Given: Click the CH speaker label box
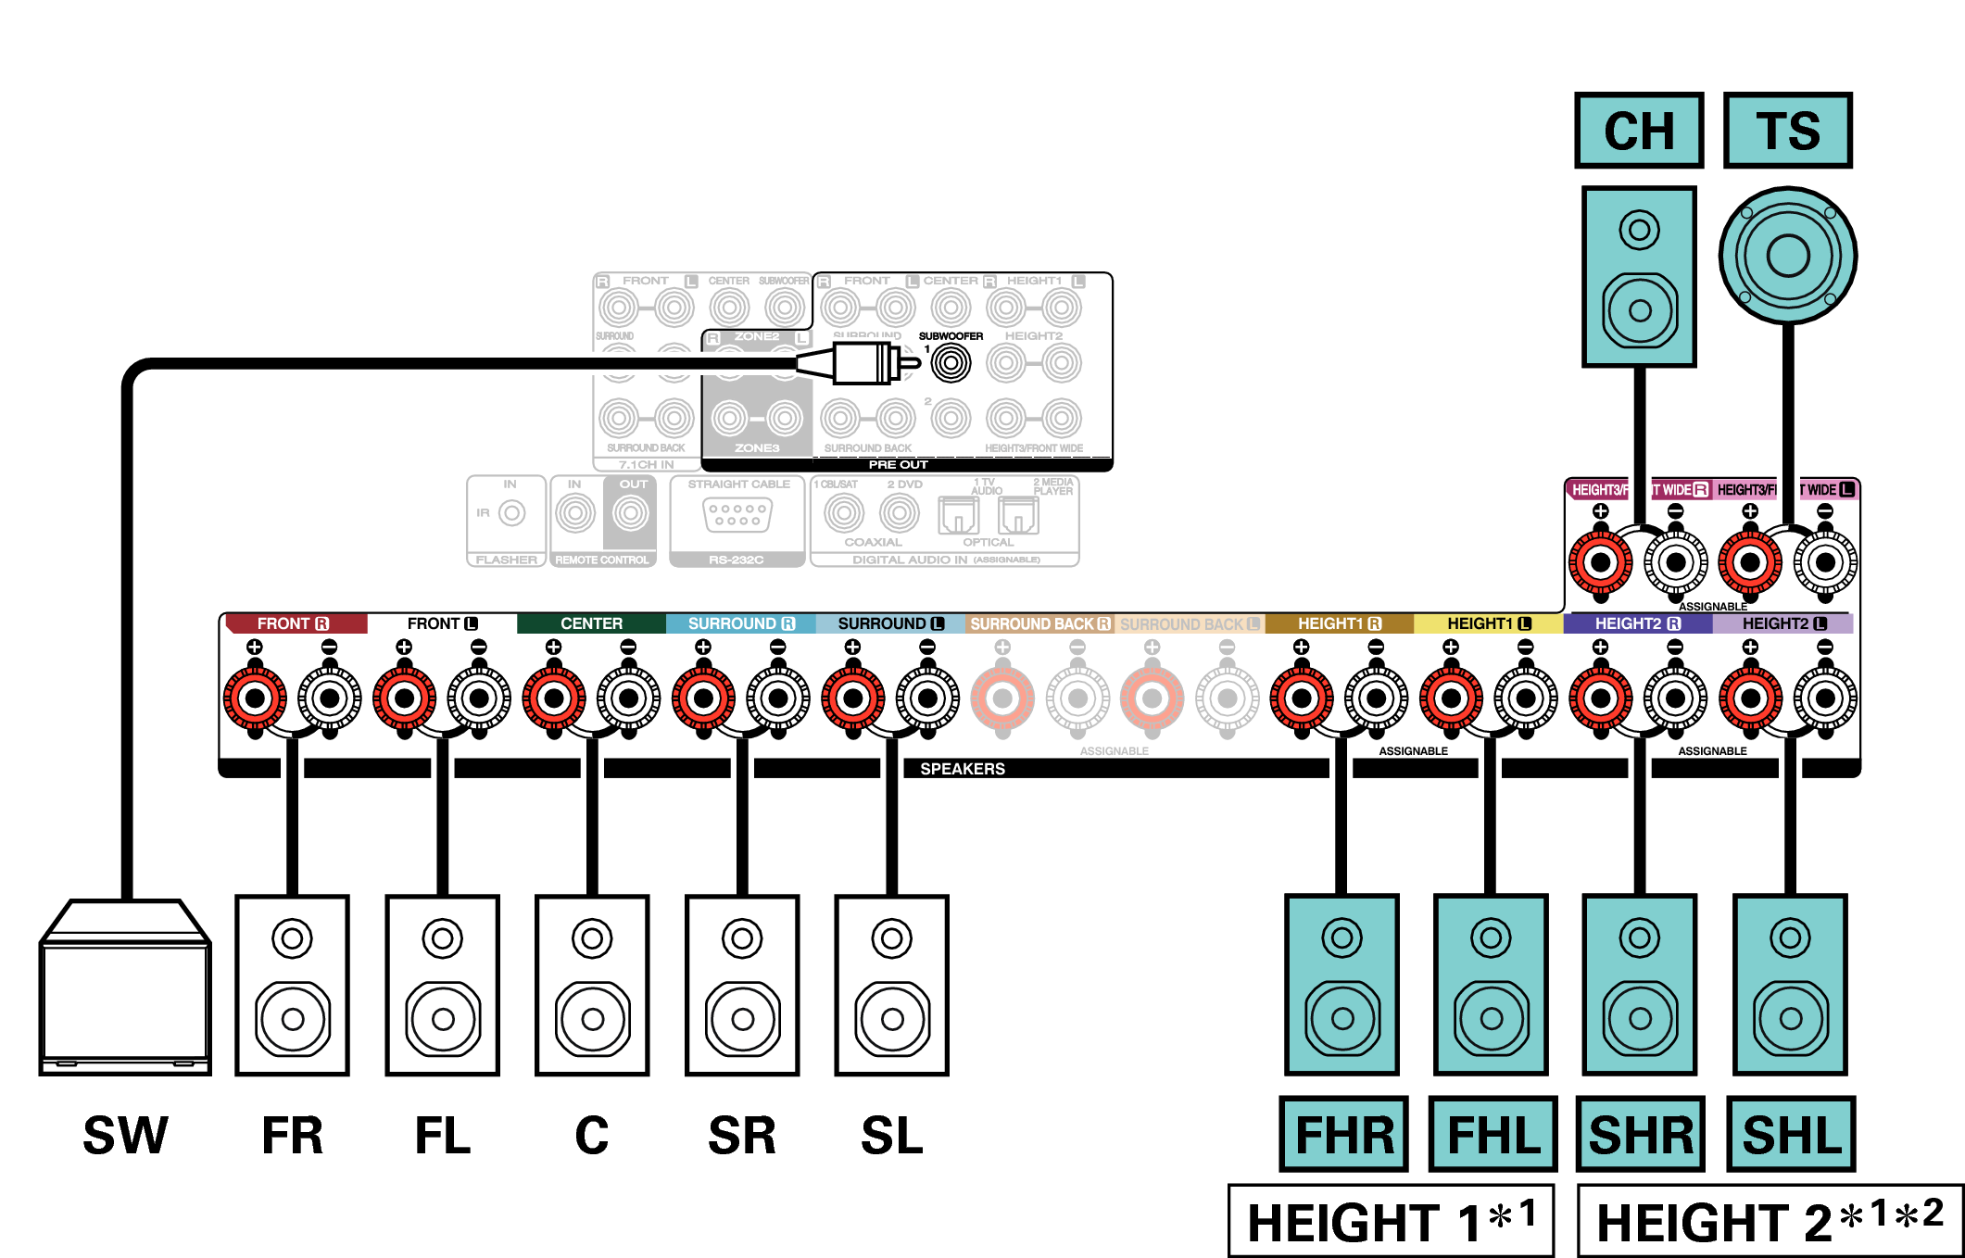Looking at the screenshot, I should click(1638, 131).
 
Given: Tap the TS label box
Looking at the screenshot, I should click(1787, 131).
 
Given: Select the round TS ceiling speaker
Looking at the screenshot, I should click(1787, 256).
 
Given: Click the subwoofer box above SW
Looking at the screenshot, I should click(125, 988).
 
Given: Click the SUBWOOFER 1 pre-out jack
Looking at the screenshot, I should click(951, 362).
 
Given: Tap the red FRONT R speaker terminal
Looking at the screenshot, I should click(255, 698).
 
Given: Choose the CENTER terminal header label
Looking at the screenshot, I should click(591, 623).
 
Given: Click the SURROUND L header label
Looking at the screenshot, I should click(889, 623).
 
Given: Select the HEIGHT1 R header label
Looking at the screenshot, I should click(1339, 623).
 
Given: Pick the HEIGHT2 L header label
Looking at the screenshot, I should click(1783, 623).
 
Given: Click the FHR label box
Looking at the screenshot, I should click(1343, 1134).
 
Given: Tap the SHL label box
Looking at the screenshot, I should click(1791, 1134).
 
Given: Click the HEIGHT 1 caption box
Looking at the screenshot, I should click(1391, 1221).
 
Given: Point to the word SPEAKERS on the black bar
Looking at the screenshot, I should click(962, 769).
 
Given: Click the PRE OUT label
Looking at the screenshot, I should click(898, 464).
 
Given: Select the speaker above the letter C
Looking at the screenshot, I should click(592, 985).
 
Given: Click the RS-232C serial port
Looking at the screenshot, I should click(737, 514).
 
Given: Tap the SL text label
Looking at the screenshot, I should click(891, 1136).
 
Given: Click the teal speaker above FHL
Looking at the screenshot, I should click(1491, 985).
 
